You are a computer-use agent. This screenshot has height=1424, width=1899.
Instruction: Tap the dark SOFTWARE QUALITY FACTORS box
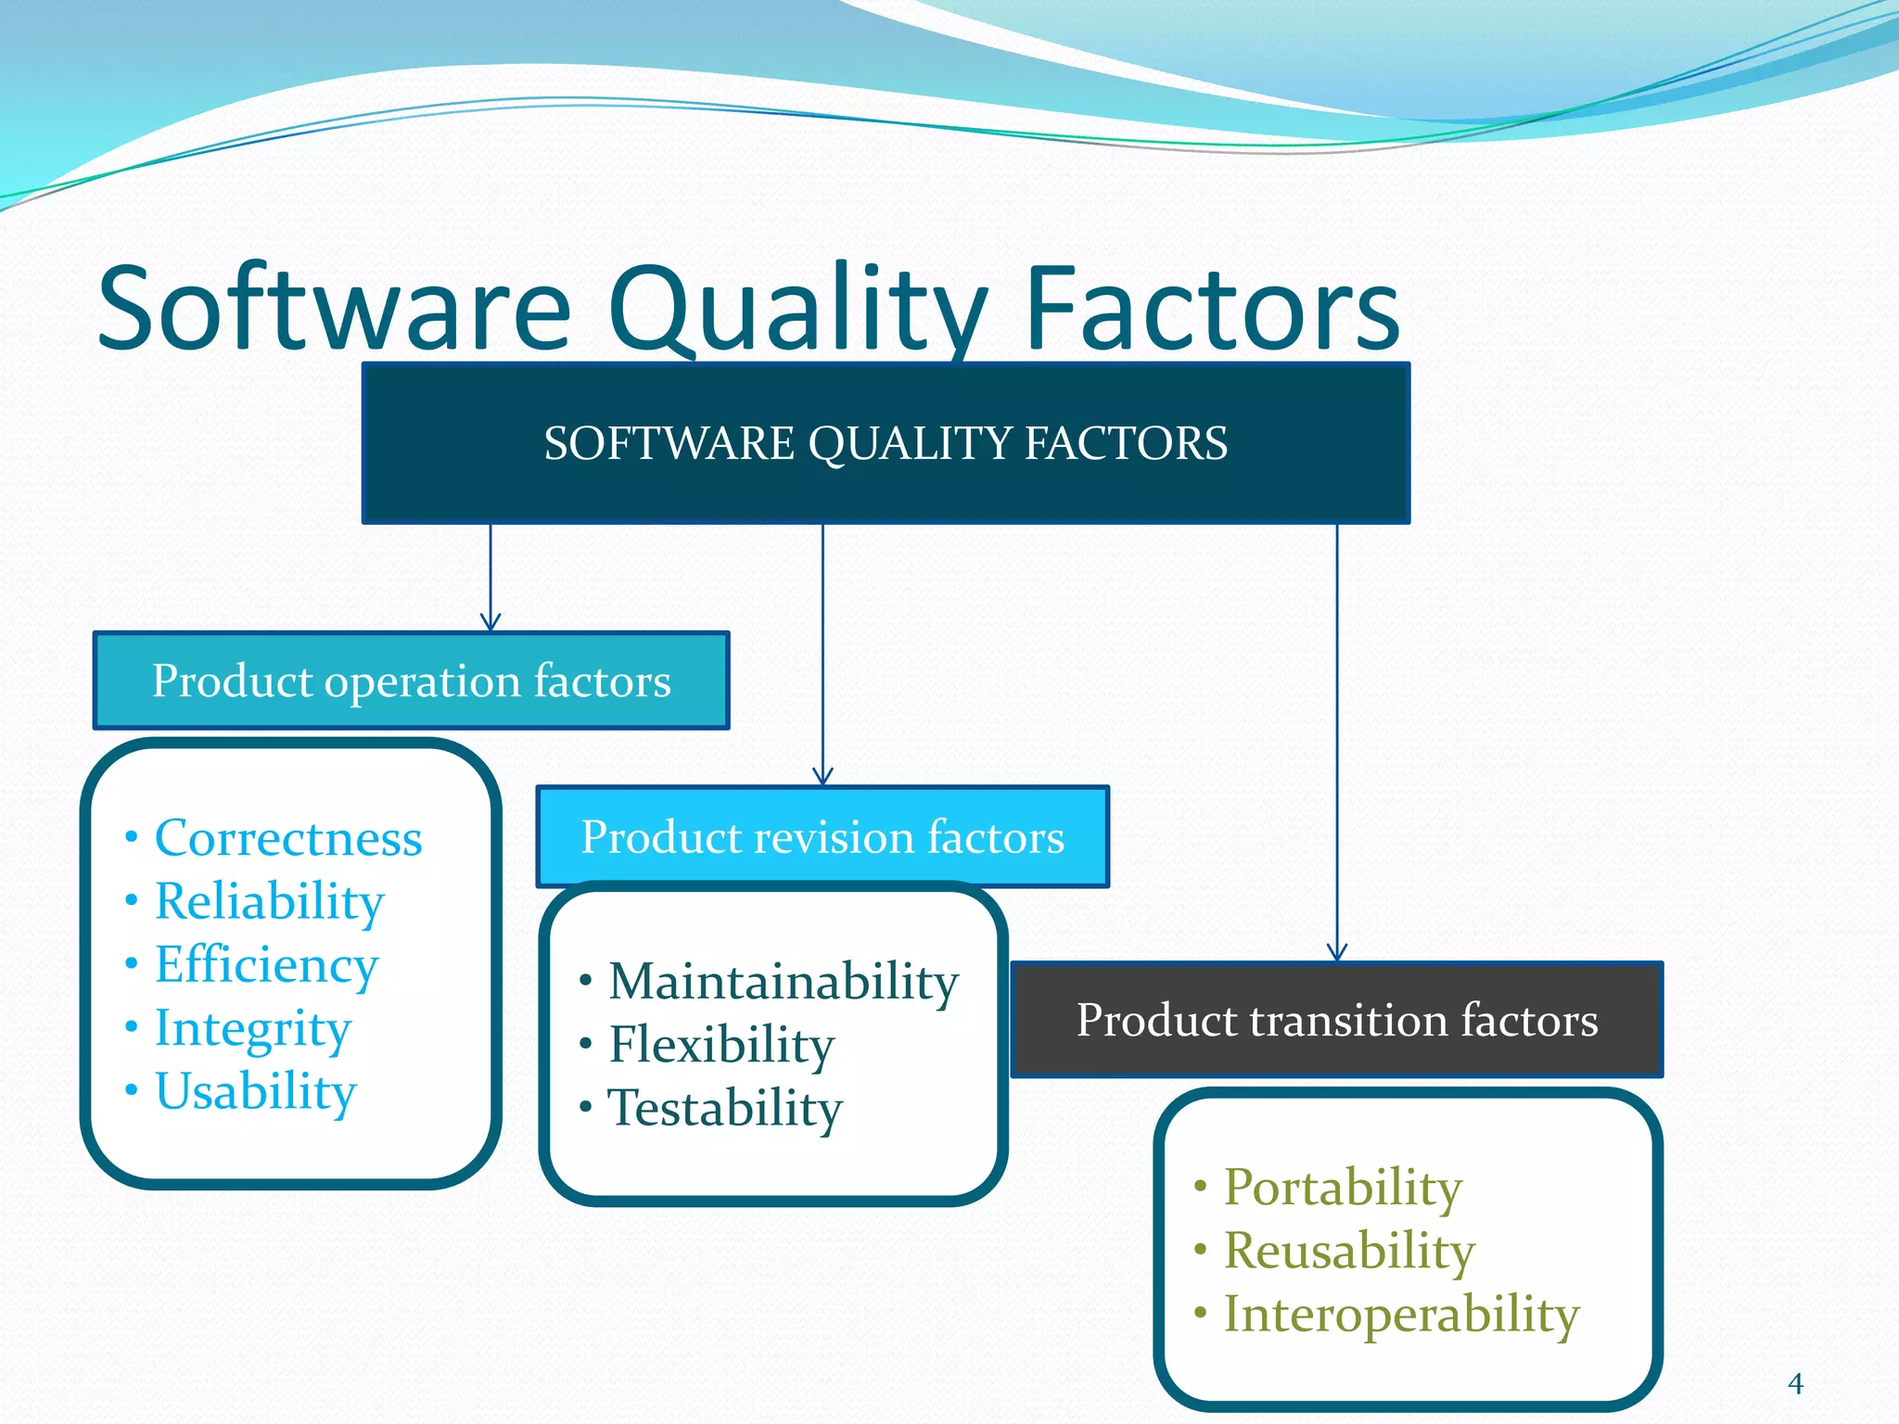(886, 443)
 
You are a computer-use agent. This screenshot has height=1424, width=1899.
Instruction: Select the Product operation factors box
(411, 681)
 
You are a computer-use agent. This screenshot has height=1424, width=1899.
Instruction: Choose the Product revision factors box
(822, 837)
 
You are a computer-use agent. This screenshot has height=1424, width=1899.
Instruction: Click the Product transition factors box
(1336, 1020)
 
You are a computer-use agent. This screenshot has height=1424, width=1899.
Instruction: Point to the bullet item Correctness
(287, 839)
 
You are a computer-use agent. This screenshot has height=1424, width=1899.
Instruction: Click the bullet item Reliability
(269, 902)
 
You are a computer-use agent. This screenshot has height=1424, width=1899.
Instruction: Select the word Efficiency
(266, 966)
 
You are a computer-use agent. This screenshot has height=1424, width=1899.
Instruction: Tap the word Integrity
(252, 1029)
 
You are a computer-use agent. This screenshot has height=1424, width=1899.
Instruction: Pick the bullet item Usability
(255, 1092)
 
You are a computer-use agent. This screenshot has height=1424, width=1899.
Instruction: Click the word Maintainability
(784, 982)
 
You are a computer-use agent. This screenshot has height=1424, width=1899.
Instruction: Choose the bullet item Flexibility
(721, 1045)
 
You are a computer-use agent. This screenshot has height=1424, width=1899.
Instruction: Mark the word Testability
(725, 1109)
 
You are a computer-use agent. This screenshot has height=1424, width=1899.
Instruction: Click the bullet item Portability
(1343, 1188)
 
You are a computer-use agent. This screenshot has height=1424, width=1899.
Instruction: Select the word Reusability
(1349, 1251)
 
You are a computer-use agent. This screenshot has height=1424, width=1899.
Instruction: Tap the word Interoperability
(1401, 1315)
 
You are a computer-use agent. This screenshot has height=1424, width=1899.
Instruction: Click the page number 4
(1795, 1384)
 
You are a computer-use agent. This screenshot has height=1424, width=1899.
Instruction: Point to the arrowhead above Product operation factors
(491, 622)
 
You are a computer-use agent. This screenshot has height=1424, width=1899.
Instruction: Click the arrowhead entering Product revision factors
(822, 777)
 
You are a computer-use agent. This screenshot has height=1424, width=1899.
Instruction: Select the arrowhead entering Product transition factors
(1337, 952)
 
